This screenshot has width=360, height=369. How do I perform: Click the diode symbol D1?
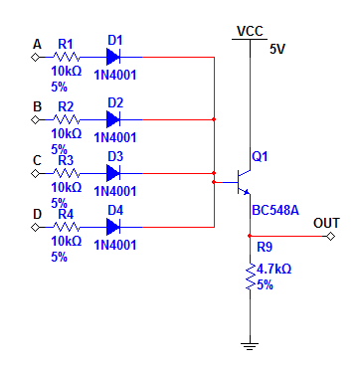click(113, 57)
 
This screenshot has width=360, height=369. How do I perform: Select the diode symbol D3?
click(113, 173)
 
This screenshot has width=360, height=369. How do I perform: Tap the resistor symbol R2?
click(67, 119)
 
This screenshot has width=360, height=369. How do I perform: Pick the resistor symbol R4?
click(67, 227)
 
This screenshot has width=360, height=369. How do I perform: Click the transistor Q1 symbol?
click(243, 182)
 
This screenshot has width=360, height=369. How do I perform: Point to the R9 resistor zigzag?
click(250, 277)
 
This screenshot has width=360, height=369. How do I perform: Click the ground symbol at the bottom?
click(250, 346)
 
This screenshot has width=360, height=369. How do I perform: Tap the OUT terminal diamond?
click(330, 236)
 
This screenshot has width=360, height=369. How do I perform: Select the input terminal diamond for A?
click(35, 57)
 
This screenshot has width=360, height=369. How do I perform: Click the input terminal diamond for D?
click(35, 227)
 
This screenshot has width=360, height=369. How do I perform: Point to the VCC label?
click(250, 31)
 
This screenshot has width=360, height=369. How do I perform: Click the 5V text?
click(277, 50)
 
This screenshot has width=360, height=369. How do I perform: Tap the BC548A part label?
click(275, 210)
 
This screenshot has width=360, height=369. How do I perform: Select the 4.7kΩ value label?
click(273, 270)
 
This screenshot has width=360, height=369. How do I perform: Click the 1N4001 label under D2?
click(115, 137)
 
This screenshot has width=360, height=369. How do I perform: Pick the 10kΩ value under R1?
click(66, 71)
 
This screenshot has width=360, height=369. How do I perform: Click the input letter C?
click(37, 160)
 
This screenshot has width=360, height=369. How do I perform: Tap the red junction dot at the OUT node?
click(250, 236)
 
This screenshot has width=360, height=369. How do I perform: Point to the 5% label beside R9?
click(265, 285)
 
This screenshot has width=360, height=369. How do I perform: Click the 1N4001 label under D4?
click(115, 245)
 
